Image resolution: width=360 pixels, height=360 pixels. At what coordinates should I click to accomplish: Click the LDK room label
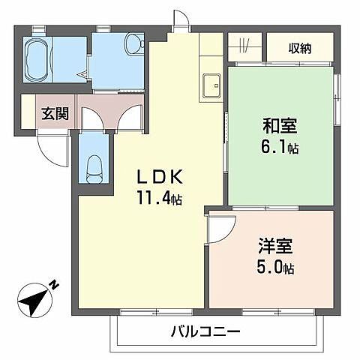click(x=159, y=178)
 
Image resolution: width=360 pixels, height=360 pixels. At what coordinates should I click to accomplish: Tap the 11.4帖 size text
click(x=159, y=199)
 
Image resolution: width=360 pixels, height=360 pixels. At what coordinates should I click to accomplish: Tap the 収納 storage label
click(x=300, y=49)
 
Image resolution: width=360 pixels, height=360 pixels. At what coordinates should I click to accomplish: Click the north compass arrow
click(x=34, y=299)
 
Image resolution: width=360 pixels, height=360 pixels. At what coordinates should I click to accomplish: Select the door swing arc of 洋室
click(x=222, y=227)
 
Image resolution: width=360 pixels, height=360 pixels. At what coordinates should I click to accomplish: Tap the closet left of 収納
click(x=244, y=49)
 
